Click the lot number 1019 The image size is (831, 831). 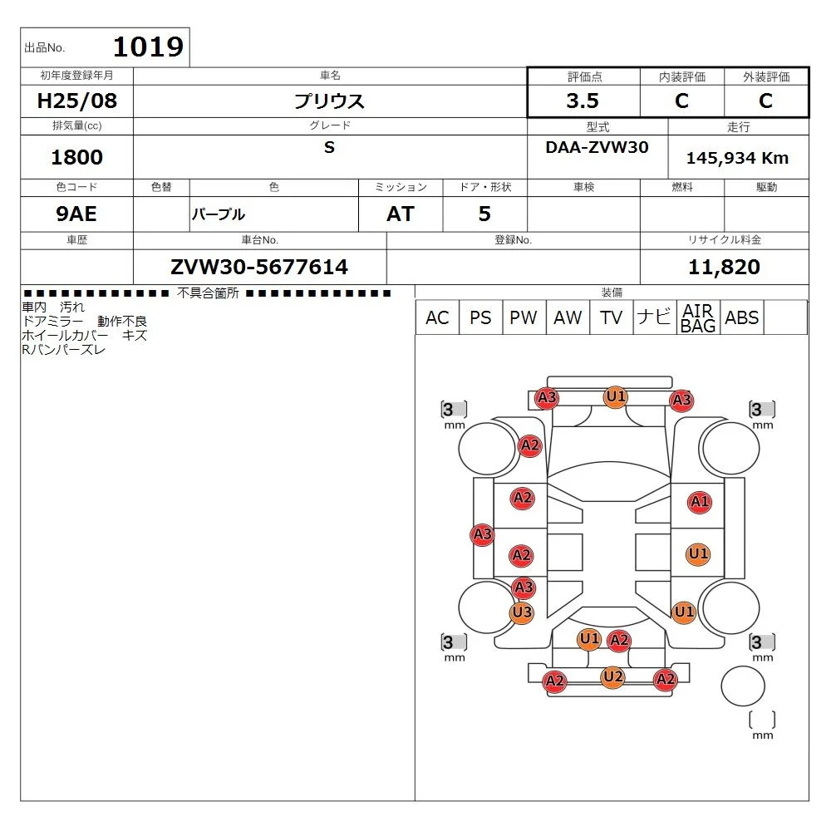(147, 47)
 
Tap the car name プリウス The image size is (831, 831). (330, 101)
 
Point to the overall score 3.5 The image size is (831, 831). (583, 101)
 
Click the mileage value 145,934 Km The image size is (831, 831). (737, 158)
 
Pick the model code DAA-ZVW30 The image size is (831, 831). (597, 147)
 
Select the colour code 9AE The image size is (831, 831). (76, 214)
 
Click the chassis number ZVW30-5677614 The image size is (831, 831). (259, 267)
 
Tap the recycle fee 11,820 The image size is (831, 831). (724, 267)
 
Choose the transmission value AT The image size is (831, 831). (400, 214)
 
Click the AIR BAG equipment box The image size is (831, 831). (698, 318)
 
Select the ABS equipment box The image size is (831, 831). (741, 318)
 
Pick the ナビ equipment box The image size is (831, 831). (653, 318)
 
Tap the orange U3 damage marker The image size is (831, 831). (522, 613)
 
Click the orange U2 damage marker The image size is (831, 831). (612, 677)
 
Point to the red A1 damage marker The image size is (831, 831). (700, 502)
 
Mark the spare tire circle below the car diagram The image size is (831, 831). (742, 686)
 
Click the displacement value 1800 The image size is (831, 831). (76, 158)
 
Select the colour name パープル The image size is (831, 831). (219, 214)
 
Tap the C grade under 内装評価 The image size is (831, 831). (681, 101)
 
